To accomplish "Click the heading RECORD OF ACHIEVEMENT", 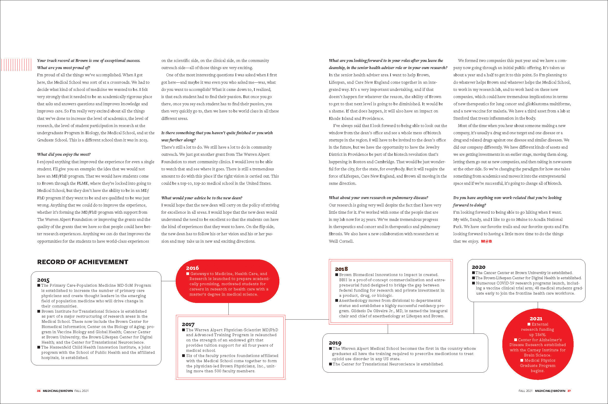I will (82, 262).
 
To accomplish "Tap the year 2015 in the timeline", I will (43, 280).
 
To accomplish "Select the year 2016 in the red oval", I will (192, 268).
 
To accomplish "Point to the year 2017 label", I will (188, 324).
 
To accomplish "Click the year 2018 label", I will (341, 269).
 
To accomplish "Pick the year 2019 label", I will (335, 343).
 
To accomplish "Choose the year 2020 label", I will (479, 267).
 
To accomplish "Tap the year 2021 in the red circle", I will (536, 319).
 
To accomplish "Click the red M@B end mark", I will (486, 241).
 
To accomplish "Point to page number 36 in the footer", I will (39, 391).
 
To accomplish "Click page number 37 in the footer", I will (569, 391).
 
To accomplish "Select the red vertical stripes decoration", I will (16, 65).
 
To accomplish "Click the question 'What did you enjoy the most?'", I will (64, 154).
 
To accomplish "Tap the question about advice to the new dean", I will (202, 198).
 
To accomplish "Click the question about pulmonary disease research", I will (378, 198).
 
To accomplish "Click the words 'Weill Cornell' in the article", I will (341, 241).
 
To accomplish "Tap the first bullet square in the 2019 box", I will (330, 349).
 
